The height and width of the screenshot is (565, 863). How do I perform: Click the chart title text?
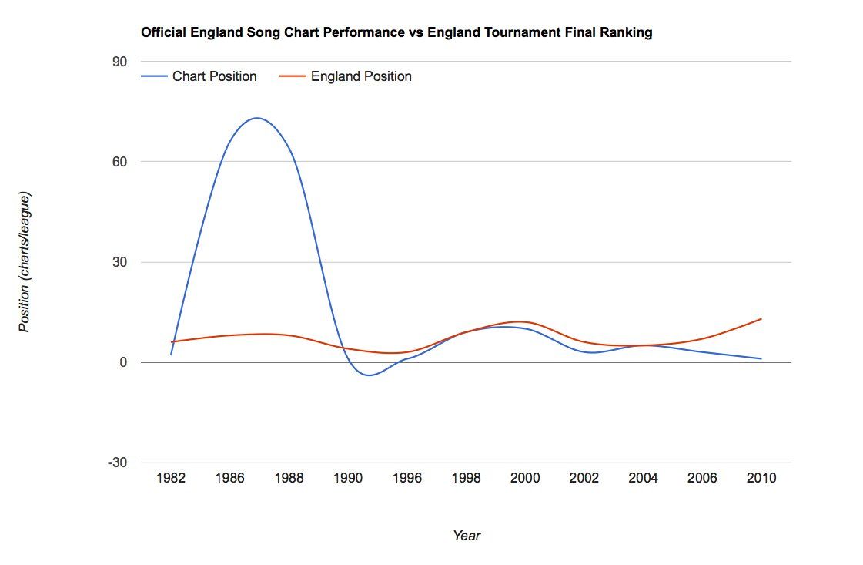pos(396,32)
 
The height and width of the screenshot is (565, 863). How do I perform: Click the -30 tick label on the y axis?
pos(117,462)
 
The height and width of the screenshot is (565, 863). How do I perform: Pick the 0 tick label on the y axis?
pos(123,362)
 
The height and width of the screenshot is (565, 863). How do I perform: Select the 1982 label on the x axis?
pos(171,478)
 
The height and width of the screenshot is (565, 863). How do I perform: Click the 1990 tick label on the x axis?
pos(348,478)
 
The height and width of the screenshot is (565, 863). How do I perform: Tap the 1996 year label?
pos(407,478)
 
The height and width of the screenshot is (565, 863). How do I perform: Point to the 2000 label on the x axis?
pos(525,478)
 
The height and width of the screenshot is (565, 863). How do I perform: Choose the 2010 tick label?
pos(761,478)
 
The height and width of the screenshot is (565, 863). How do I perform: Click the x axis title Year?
pos(467,536)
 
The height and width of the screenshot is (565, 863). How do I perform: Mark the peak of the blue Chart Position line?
pos(257,118)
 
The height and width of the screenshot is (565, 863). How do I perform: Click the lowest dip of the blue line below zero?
pos(370,375)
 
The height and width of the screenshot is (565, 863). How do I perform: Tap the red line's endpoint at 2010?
pos(761,318)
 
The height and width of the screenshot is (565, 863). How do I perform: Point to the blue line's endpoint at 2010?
pos(761,358)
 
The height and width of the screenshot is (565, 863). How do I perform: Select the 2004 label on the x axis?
pos(643,478)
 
